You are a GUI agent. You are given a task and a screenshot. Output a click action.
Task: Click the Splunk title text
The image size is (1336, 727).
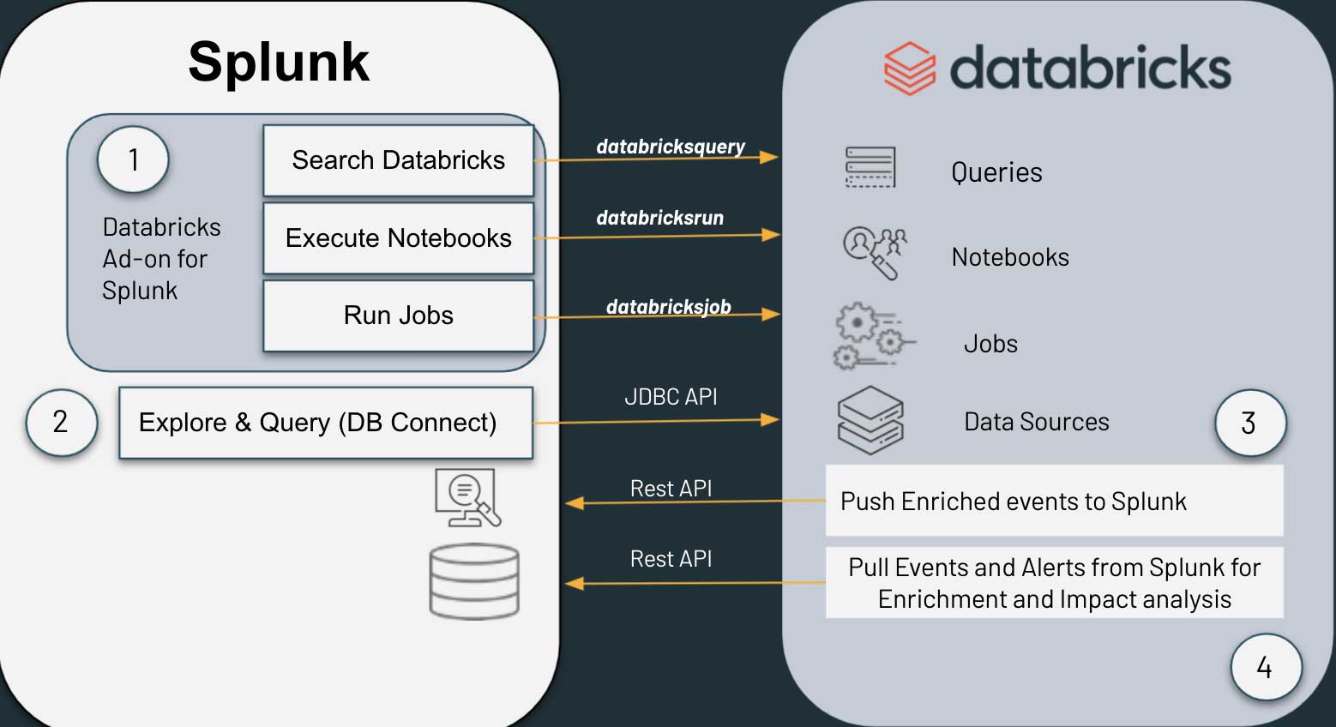[279, 62]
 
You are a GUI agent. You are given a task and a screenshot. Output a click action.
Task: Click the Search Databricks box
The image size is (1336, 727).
[398, 160]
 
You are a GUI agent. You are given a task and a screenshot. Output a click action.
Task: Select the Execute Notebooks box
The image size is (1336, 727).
[398, 237]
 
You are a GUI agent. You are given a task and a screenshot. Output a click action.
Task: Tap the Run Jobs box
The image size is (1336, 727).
[398, 315]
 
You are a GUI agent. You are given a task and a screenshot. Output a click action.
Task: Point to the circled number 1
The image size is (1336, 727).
[133, 159]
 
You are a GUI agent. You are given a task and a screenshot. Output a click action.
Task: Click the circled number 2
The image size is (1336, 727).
[61, 422]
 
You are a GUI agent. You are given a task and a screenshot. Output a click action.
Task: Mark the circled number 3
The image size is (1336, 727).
[1249, 423]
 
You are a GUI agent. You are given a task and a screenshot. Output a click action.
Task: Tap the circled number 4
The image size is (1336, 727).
[1265, 667]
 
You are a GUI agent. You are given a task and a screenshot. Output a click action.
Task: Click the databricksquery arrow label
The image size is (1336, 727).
[671, 147]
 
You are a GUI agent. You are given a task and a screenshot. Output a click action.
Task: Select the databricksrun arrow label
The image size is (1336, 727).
[659, 218]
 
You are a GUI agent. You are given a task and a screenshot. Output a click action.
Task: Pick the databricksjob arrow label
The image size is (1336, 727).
[668, 306]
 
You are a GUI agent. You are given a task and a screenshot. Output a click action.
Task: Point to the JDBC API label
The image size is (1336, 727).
[671, 397]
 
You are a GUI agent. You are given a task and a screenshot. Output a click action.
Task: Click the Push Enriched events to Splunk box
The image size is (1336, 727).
[1054, 501]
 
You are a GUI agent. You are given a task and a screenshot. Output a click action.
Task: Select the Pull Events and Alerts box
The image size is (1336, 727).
[1054, 583]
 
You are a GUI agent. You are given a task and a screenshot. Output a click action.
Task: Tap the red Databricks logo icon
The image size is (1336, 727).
[909, 69]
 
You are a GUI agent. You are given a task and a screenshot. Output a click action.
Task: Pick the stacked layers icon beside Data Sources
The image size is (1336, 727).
[870, 419]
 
